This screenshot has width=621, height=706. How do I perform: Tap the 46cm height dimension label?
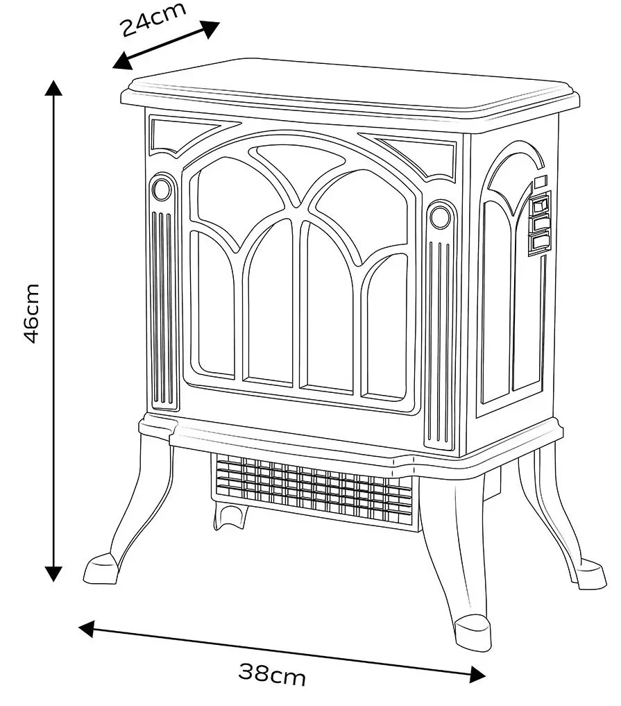(33, 313)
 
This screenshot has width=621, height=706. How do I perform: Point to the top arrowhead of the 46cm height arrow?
(54, 88)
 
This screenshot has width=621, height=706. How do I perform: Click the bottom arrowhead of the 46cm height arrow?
(54, 573)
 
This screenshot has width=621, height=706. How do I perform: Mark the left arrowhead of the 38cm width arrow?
(87, 629)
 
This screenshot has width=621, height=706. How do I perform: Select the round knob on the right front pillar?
(440, 217)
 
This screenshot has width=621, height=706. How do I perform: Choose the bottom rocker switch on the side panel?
(540, 242)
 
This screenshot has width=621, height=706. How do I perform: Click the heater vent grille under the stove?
(312, 487)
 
